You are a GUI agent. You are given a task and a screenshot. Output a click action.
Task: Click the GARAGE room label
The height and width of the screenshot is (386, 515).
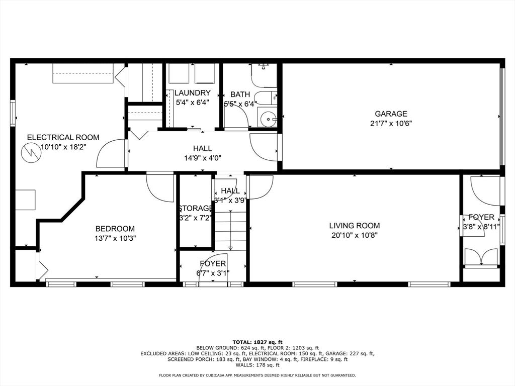(x=391, y=114)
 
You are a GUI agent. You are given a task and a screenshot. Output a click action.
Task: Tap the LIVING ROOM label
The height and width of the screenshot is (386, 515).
(x=355, y=226)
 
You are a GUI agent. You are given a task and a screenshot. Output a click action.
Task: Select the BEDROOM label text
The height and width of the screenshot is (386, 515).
(x=115, y=229)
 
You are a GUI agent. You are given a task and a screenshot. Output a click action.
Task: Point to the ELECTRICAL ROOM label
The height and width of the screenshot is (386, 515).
(x=63, y=137)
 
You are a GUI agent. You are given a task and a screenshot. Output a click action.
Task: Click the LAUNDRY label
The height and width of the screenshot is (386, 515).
(x=192, y=93)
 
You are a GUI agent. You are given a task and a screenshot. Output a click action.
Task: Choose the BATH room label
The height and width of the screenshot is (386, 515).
(x=240, y=94)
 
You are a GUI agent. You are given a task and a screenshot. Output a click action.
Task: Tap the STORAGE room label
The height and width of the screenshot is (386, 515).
(x=196, y=209)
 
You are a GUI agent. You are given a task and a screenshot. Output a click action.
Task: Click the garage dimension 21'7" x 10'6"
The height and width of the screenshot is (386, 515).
(x=391, y=124)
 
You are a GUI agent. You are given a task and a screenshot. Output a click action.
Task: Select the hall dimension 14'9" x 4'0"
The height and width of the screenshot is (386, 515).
(x=203, y=158)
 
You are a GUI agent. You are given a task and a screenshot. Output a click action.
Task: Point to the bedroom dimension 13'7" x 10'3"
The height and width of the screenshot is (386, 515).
(x=115, y=238)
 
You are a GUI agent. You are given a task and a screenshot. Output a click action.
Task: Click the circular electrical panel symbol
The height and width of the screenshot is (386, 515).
(x=30, y=153)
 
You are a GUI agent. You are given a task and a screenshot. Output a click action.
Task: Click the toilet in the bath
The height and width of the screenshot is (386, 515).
(x=264, y=67)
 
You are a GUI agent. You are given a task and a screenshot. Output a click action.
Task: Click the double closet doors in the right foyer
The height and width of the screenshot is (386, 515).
(x=481, y=257)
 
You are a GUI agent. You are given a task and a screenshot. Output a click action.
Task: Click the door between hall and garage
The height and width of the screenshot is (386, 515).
(x=264, y=147)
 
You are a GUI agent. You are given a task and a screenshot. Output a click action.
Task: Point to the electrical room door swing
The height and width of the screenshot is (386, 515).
(x=110, y=153)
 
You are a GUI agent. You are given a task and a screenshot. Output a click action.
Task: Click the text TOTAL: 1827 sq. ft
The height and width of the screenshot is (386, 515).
(x=257, y=342)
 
